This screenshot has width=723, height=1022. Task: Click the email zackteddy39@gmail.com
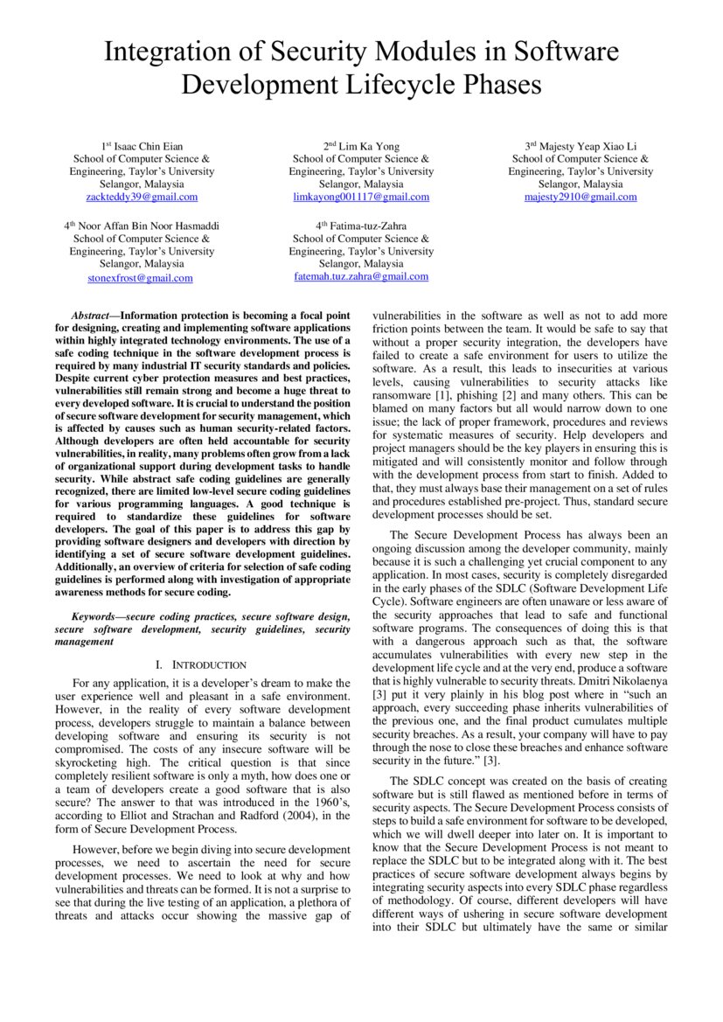[x=142, y=198]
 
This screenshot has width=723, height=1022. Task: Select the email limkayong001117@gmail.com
[x=361, y=198]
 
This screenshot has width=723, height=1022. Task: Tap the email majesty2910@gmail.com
[x=580, y=198]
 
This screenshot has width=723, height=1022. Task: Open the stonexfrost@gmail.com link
[x=141, y=278]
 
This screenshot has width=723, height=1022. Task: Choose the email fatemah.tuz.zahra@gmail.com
[x=361, y=276]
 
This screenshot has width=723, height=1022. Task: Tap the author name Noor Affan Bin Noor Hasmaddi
[x=148, y=226]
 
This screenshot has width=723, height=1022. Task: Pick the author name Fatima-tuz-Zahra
[x=367, y=226]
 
